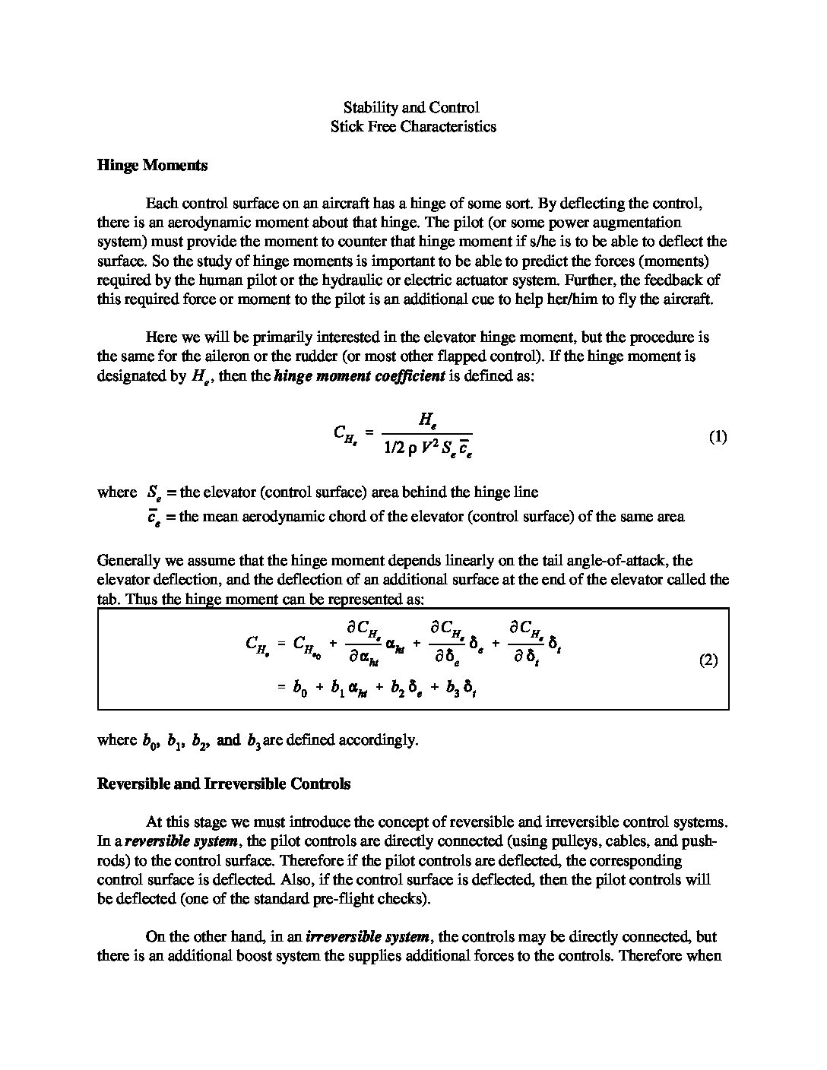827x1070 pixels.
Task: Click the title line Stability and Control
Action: click(x=411, y=108)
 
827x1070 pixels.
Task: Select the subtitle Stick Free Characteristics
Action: click(x=413, y=127)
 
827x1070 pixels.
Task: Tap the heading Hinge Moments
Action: click(x=152, y=165)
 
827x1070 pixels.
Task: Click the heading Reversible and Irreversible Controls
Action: click(x=223, y=784)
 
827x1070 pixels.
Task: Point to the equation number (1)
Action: click(x=718, y=437)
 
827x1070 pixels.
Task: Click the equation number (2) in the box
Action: click(x=708, y=660)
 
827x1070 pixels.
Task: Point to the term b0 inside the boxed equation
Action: click(x=299, y=689)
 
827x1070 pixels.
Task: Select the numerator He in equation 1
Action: click(x=426, y=419)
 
